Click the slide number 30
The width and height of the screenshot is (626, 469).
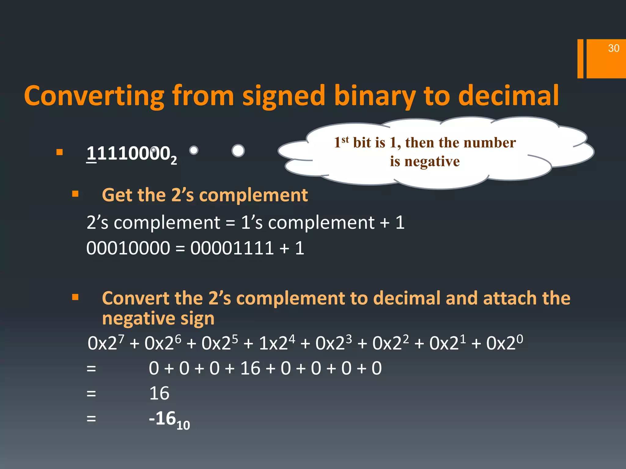coord(613,48)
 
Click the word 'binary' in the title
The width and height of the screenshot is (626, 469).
coord(375,96)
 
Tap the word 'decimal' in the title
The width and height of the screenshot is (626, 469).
coord(508,96)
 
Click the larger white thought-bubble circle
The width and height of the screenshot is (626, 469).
coord(238,151)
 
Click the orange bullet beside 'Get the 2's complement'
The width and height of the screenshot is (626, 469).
coord(75,194)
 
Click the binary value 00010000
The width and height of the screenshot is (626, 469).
coord(128,248)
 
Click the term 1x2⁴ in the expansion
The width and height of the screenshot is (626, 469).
coord(277,343)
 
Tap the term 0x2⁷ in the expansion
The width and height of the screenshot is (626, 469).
coord(106,343)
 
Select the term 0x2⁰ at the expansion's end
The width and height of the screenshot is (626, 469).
coord(504,343)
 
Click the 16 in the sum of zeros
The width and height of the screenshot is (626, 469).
coord(250,368)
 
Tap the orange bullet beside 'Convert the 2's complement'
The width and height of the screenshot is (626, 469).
coord(75,297)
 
